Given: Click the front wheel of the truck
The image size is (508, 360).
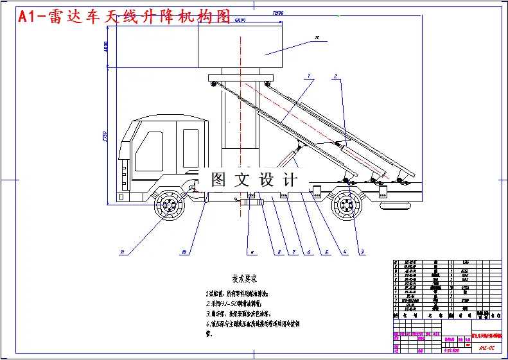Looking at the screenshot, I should coord(170,207).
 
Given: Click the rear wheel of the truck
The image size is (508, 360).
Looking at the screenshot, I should coord(346,207).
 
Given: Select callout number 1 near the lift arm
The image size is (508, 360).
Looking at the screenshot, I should coord(310,76).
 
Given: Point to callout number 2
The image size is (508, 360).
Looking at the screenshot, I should coord(335,76).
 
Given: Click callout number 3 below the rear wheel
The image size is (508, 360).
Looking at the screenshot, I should coord(362,252).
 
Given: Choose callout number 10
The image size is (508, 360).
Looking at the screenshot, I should coord(184,252).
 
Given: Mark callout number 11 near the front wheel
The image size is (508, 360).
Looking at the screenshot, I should coord(121,252).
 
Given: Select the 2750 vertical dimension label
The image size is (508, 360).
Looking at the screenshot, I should coord(104,137).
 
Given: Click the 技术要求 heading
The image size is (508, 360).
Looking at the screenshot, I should coord(243,279).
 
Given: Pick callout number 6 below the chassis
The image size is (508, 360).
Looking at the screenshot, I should coord(309,252).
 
